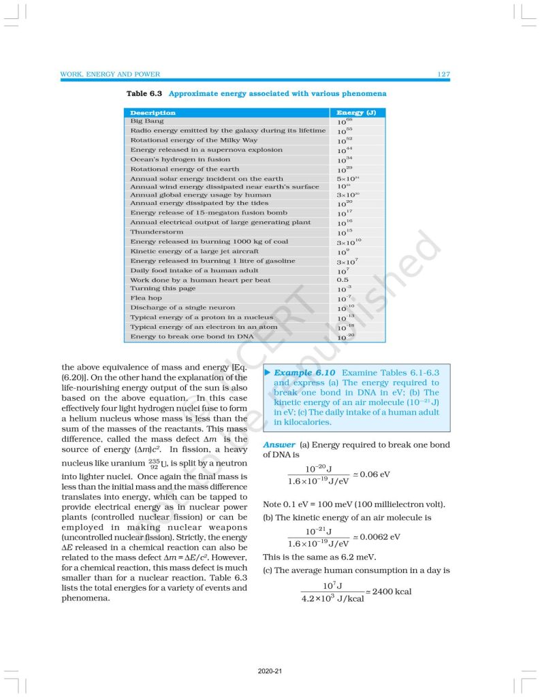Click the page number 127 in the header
(x=443, y=74)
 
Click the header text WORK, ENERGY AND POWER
(x=110, y=74)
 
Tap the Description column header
(x=153, y=112)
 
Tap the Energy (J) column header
(x=355, y=112)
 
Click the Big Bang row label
(x=146, y=120)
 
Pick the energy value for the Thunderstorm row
(x=345, y=232)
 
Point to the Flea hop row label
(x=146, y=298)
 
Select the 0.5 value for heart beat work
(x=343, y=280)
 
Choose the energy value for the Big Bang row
(x=345, y=121)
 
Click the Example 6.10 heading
(x=305, y=373)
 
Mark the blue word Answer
(x=279, y=444)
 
